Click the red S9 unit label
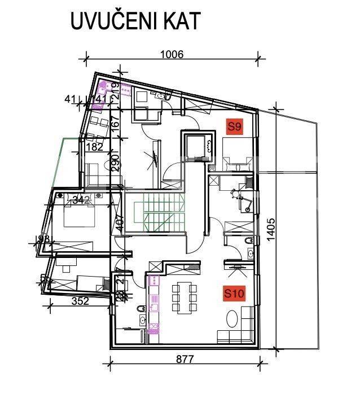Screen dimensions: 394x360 click(x=234, y=126)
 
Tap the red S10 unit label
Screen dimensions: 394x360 click(x=234, y=294)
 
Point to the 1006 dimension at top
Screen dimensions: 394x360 click(x=173, y=54)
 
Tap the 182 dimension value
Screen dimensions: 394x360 click(x=95, y=147)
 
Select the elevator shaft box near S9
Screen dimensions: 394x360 click(x=197, y=145)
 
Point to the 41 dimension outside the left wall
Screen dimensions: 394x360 click(x=72, y=100)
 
